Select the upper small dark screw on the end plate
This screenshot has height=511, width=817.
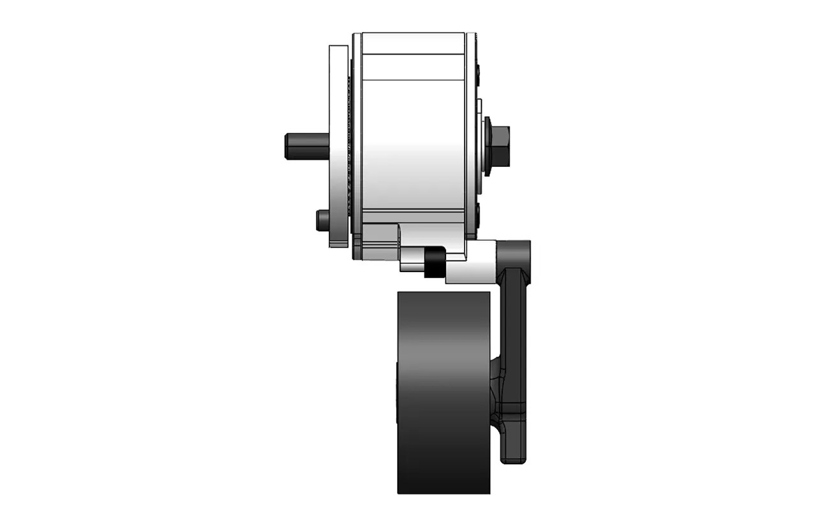point(479,68)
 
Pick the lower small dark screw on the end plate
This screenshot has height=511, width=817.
point(479,211)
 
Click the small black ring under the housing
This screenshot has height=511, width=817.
point(434,263)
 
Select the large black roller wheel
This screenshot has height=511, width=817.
point(443,392)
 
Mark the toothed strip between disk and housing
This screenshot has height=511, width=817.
point(349,146)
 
